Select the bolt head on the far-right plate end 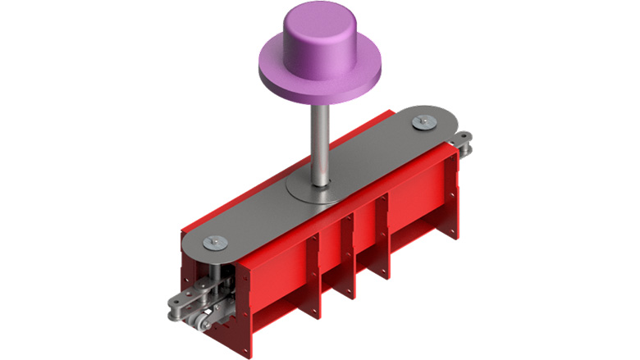coord(424,122)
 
